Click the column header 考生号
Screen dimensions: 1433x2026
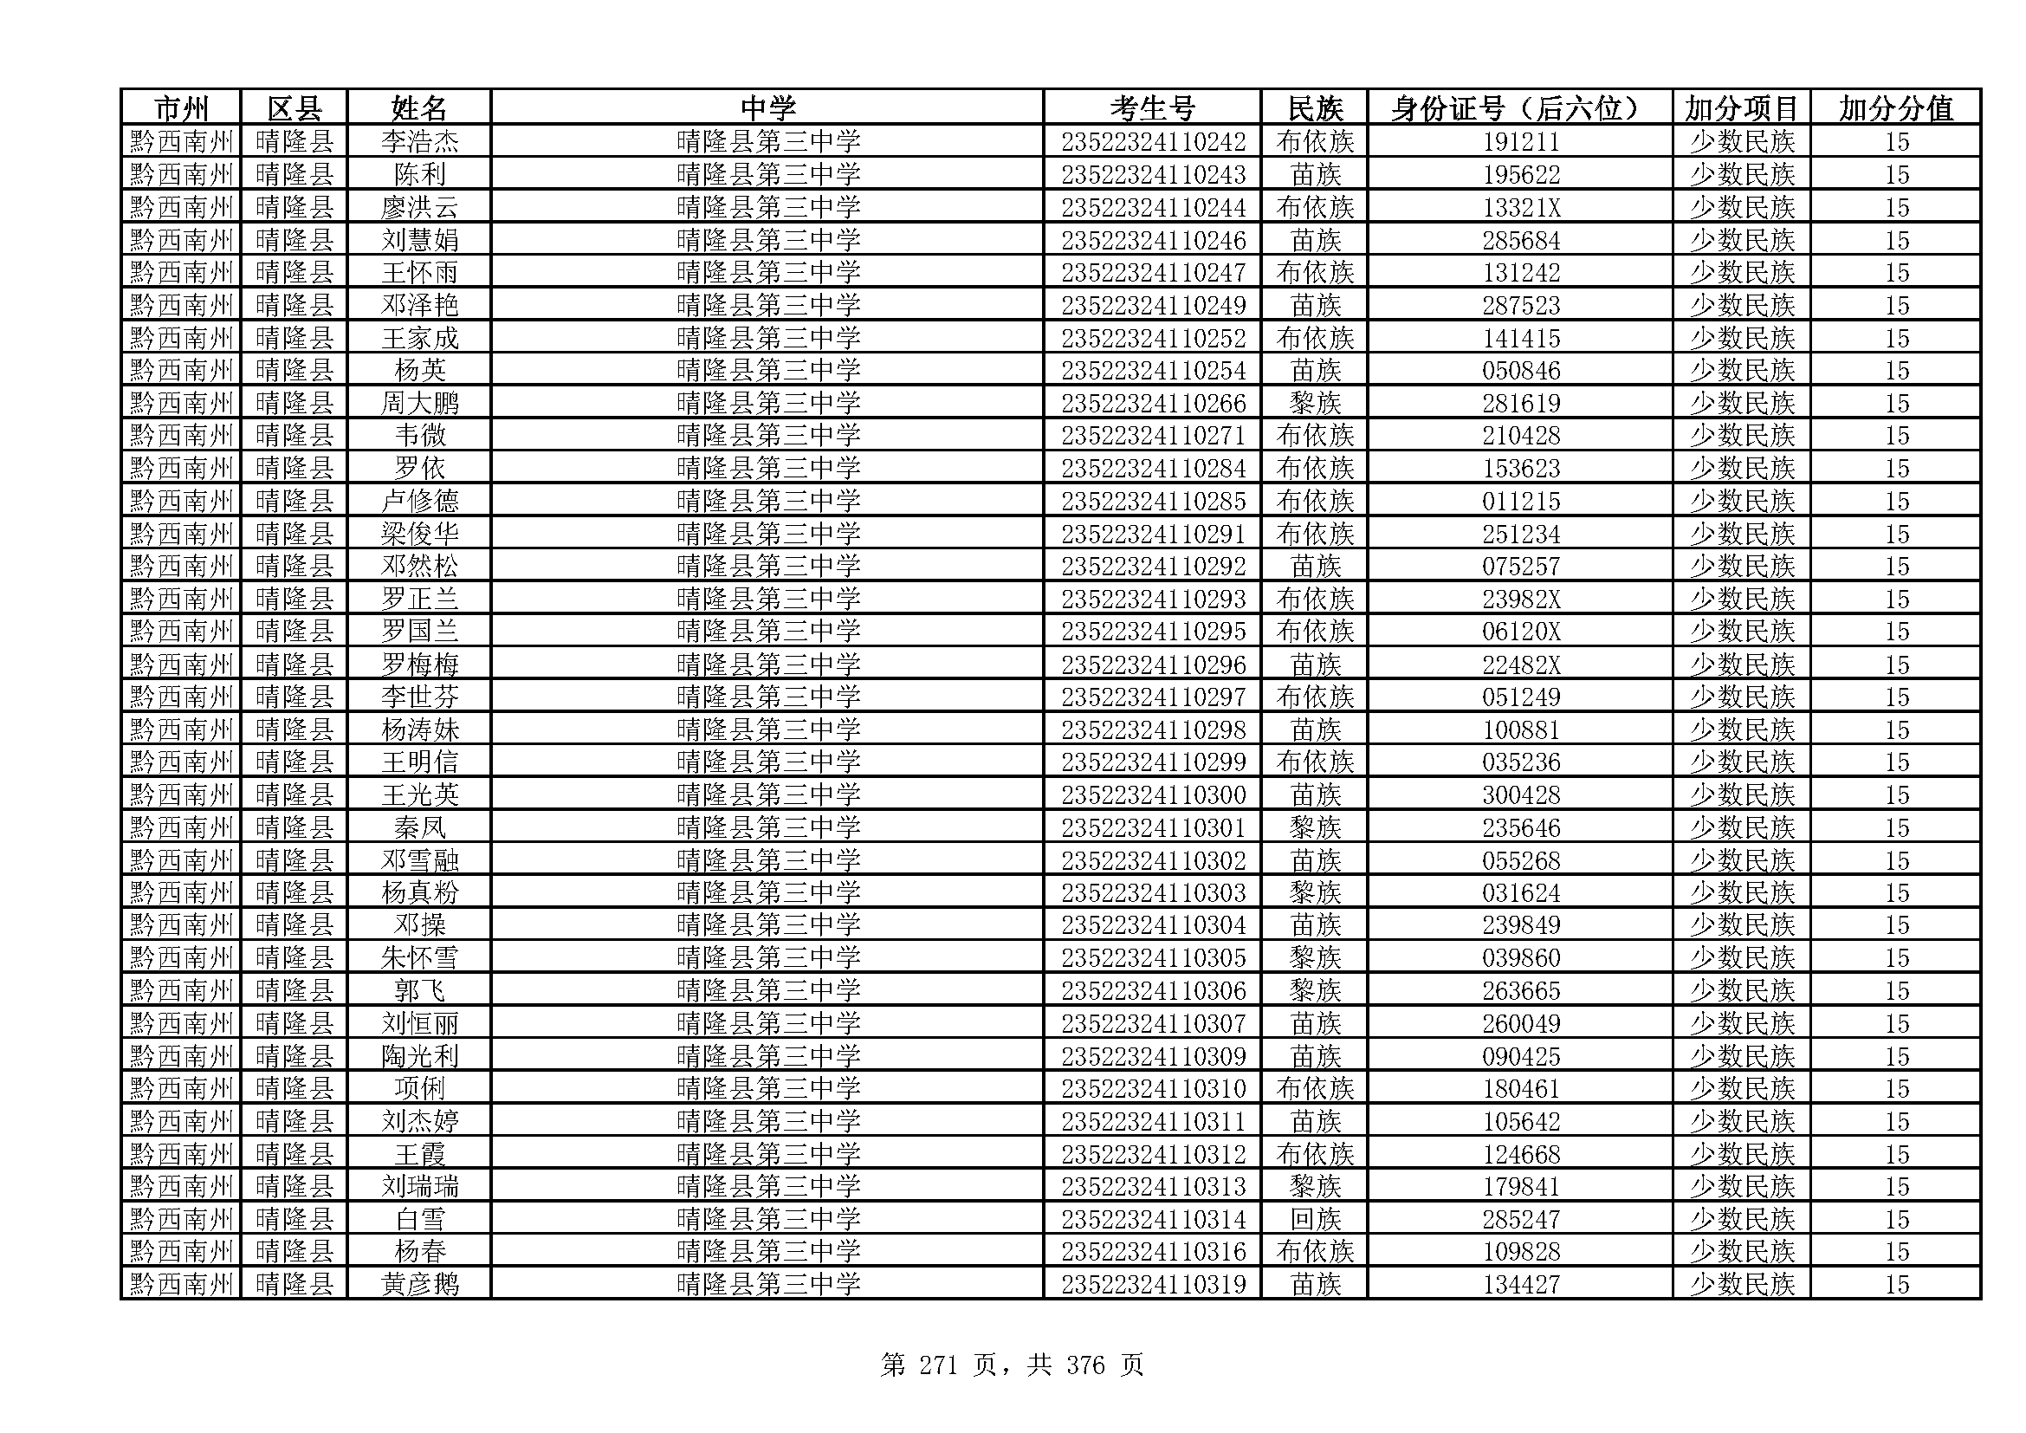[x=1151, y=108]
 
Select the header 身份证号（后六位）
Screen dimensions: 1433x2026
[x=1518, y=108]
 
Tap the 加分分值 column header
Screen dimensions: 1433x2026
[x=1895, y=108]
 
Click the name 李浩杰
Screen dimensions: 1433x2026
[x=419, y=142]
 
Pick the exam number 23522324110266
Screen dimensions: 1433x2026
[x=1152, y=403]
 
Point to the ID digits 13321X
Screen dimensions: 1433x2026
[x=1520, y=207]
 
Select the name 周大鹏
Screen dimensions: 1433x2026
[x=419, y=403]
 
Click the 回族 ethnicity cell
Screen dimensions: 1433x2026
[x=1315, y=1220]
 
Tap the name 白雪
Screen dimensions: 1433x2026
[x=419, y=1220]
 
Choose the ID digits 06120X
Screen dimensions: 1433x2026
[x=1520, y=632]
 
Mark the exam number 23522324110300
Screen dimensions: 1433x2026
[x=1152, y=795]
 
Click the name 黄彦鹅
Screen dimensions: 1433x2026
[x=419, y=1284]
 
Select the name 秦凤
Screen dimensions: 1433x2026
[x=419, y=827]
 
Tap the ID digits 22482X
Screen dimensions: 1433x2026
[x=1520, y=665]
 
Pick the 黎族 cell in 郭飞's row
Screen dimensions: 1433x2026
[x=1315, y=991]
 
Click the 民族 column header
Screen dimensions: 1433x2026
[x=1315, y=108]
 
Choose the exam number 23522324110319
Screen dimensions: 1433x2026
[x=1152, y=1284]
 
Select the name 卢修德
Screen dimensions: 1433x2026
[x=419, y=501]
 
